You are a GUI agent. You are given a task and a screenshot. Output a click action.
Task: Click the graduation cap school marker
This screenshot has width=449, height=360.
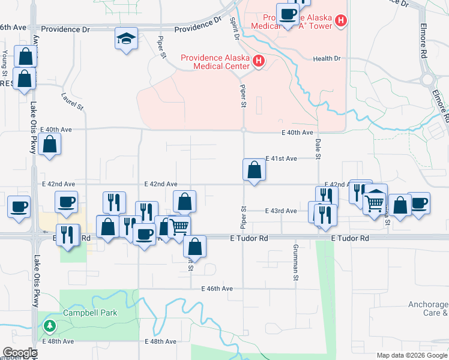pyautogui.click(x=127, y=39)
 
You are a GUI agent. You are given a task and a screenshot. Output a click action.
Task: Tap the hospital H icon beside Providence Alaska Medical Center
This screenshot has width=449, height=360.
pyautogui.click(x=259, y=61)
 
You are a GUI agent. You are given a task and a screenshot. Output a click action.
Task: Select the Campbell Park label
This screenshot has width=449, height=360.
pyautogui.click(x=90, y=313)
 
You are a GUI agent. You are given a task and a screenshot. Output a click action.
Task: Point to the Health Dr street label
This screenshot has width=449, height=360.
pyautogui.click(x=327, y=58)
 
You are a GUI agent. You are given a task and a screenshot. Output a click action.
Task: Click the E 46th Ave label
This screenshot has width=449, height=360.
pyautogui.click(x=217, y=289)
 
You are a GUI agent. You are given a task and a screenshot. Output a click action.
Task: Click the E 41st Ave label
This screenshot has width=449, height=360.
pyautogui.click(x=282, y=158)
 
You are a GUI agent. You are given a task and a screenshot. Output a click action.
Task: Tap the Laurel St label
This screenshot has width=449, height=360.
pyautogui.click(x=72, y=99)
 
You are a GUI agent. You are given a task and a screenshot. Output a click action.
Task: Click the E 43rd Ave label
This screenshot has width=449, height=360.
pyautogui.click(x=282, y=211)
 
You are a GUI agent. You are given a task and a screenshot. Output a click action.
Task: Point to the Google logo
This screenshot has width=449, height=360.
pyautogui.click(x=20, y=353)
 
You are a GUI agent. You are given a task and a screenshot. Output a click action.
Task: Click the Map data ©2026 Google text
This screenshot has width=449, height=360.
pyautogui.click(x=411, y=355)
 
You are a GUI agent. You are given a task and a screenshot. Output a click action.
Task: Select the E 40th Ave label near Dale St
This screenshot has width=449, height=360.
pyautogui.click(x=298, y=132)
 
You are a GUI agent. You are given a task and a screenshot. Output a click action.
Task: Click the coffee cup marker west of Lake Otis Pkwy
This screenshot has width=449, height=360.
pyautogui.click(x=20, y=206)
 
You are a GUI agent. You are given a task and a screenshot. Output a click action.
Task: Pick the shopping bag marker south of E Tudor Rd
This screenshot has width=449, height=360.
pyautogui.click(x=194, y=245)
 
